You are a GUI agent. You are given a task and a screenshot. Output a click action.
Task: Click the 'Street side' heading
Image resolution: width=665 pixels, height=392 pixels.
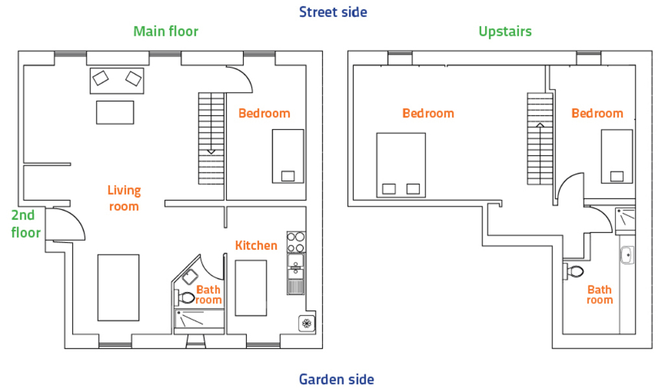tap(332, 12)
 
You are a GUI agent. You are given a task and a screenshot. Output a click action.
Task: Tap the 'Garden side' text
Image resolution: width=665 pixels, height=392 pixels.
tap(336, 379)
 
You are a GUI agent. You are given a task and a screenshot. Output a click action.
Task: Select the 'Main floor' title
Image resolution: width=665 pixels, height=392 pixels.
tap(166, 31)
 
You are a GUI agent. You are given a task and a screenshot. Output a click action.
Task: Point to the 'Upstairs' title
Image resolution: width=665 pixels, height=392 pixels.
tap(505, 31)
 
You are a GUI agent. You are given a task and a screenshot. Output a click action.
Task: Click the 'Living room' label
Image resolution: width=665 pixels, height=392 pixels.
tap(123, 198)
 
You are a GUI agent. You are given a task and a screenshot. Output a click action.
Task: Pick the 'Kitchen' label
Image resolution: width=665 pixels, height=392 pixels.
tap(256, 245)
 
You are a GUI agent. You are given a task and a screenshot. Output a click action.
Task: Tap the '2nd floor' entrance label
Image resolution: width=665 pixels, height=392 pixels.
tap(26, 224)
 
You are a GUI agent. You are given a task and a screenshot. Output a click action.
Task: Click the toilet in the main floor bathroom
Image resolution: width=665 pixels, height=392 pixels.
tap(186, 298)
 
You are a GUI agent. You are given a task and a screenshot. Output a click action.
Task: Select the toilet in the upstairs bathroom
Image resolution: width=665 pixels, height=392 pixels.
tap(574, 270)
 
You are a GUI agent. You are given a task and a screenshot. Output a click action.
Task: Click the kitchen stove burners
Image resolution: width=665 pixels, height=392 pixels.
tap(296, 241)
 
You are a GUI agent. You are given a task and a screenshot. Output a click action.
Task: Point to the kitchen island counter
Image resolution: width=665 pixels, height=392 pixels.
tap(251, 288)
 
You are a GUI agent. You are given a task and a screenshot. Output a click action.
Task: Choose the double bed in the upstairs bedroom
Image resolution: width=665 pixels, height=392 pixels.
tap(401, 165)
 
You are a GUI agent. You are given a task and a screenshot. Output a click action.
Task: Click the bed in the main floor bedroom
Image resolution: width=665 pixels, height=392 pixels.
tap(287, 156)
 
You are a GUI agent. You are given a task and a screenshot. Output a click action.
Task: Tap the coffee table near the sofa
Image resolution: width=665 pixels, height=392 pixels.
tap(115, 112)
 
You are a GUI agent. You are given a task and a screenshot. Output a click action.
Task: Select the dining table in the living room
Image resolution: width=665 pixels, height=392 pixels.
tap(118, 287)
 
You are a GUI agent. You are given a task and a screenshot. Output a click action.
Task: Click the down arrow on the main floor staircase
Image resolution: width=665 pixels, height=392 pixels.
tap(211, 151)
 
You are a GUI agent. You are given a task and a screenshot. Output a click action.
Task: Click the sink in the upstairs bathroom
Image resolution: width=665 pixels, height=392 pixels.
tap(626, 256)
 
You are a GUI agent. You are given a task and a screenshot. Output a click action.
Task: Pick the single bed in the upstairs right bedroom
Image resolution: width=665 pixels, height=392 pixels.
tap(616, 156)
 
